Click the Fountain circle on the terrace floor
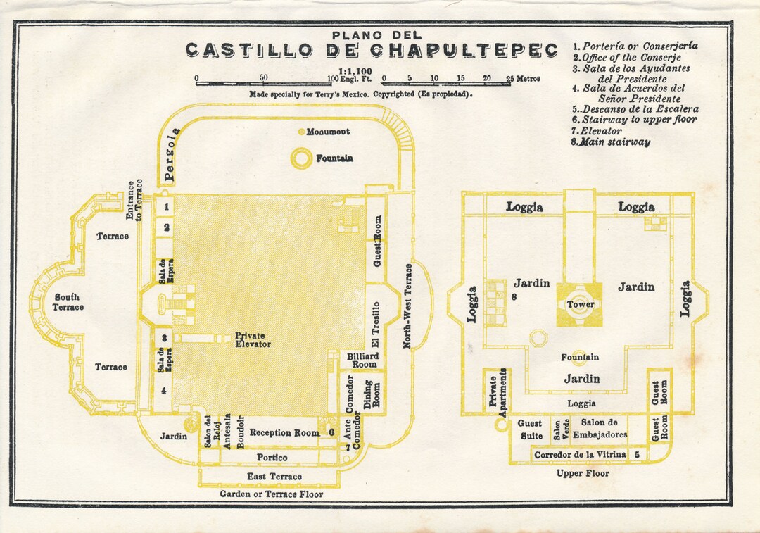[x=302, y=158]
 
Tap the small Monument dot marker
[x=301, y=132]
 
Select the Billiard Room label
[x=363, y=360]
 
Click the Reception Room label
[x=284, y=433]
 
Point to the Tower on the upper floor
[x=580, y=304]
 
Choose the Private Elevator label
[x=251, y=340]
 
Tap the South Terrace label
[x=68, y=302]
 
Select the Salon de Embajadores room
[x=604, y=428]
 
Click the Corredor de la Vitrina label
[x=580, y=455]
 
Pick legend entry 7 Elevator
[x=597, y=131]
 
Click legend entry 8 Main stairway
[x=611, y=142]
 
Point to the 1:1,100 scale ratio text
[x=355, y=71]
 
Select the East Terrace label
[x=274, y=477]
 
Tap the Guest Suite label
[x=529, y=430]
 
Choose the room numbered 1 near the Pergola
[x=166, y=207]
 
